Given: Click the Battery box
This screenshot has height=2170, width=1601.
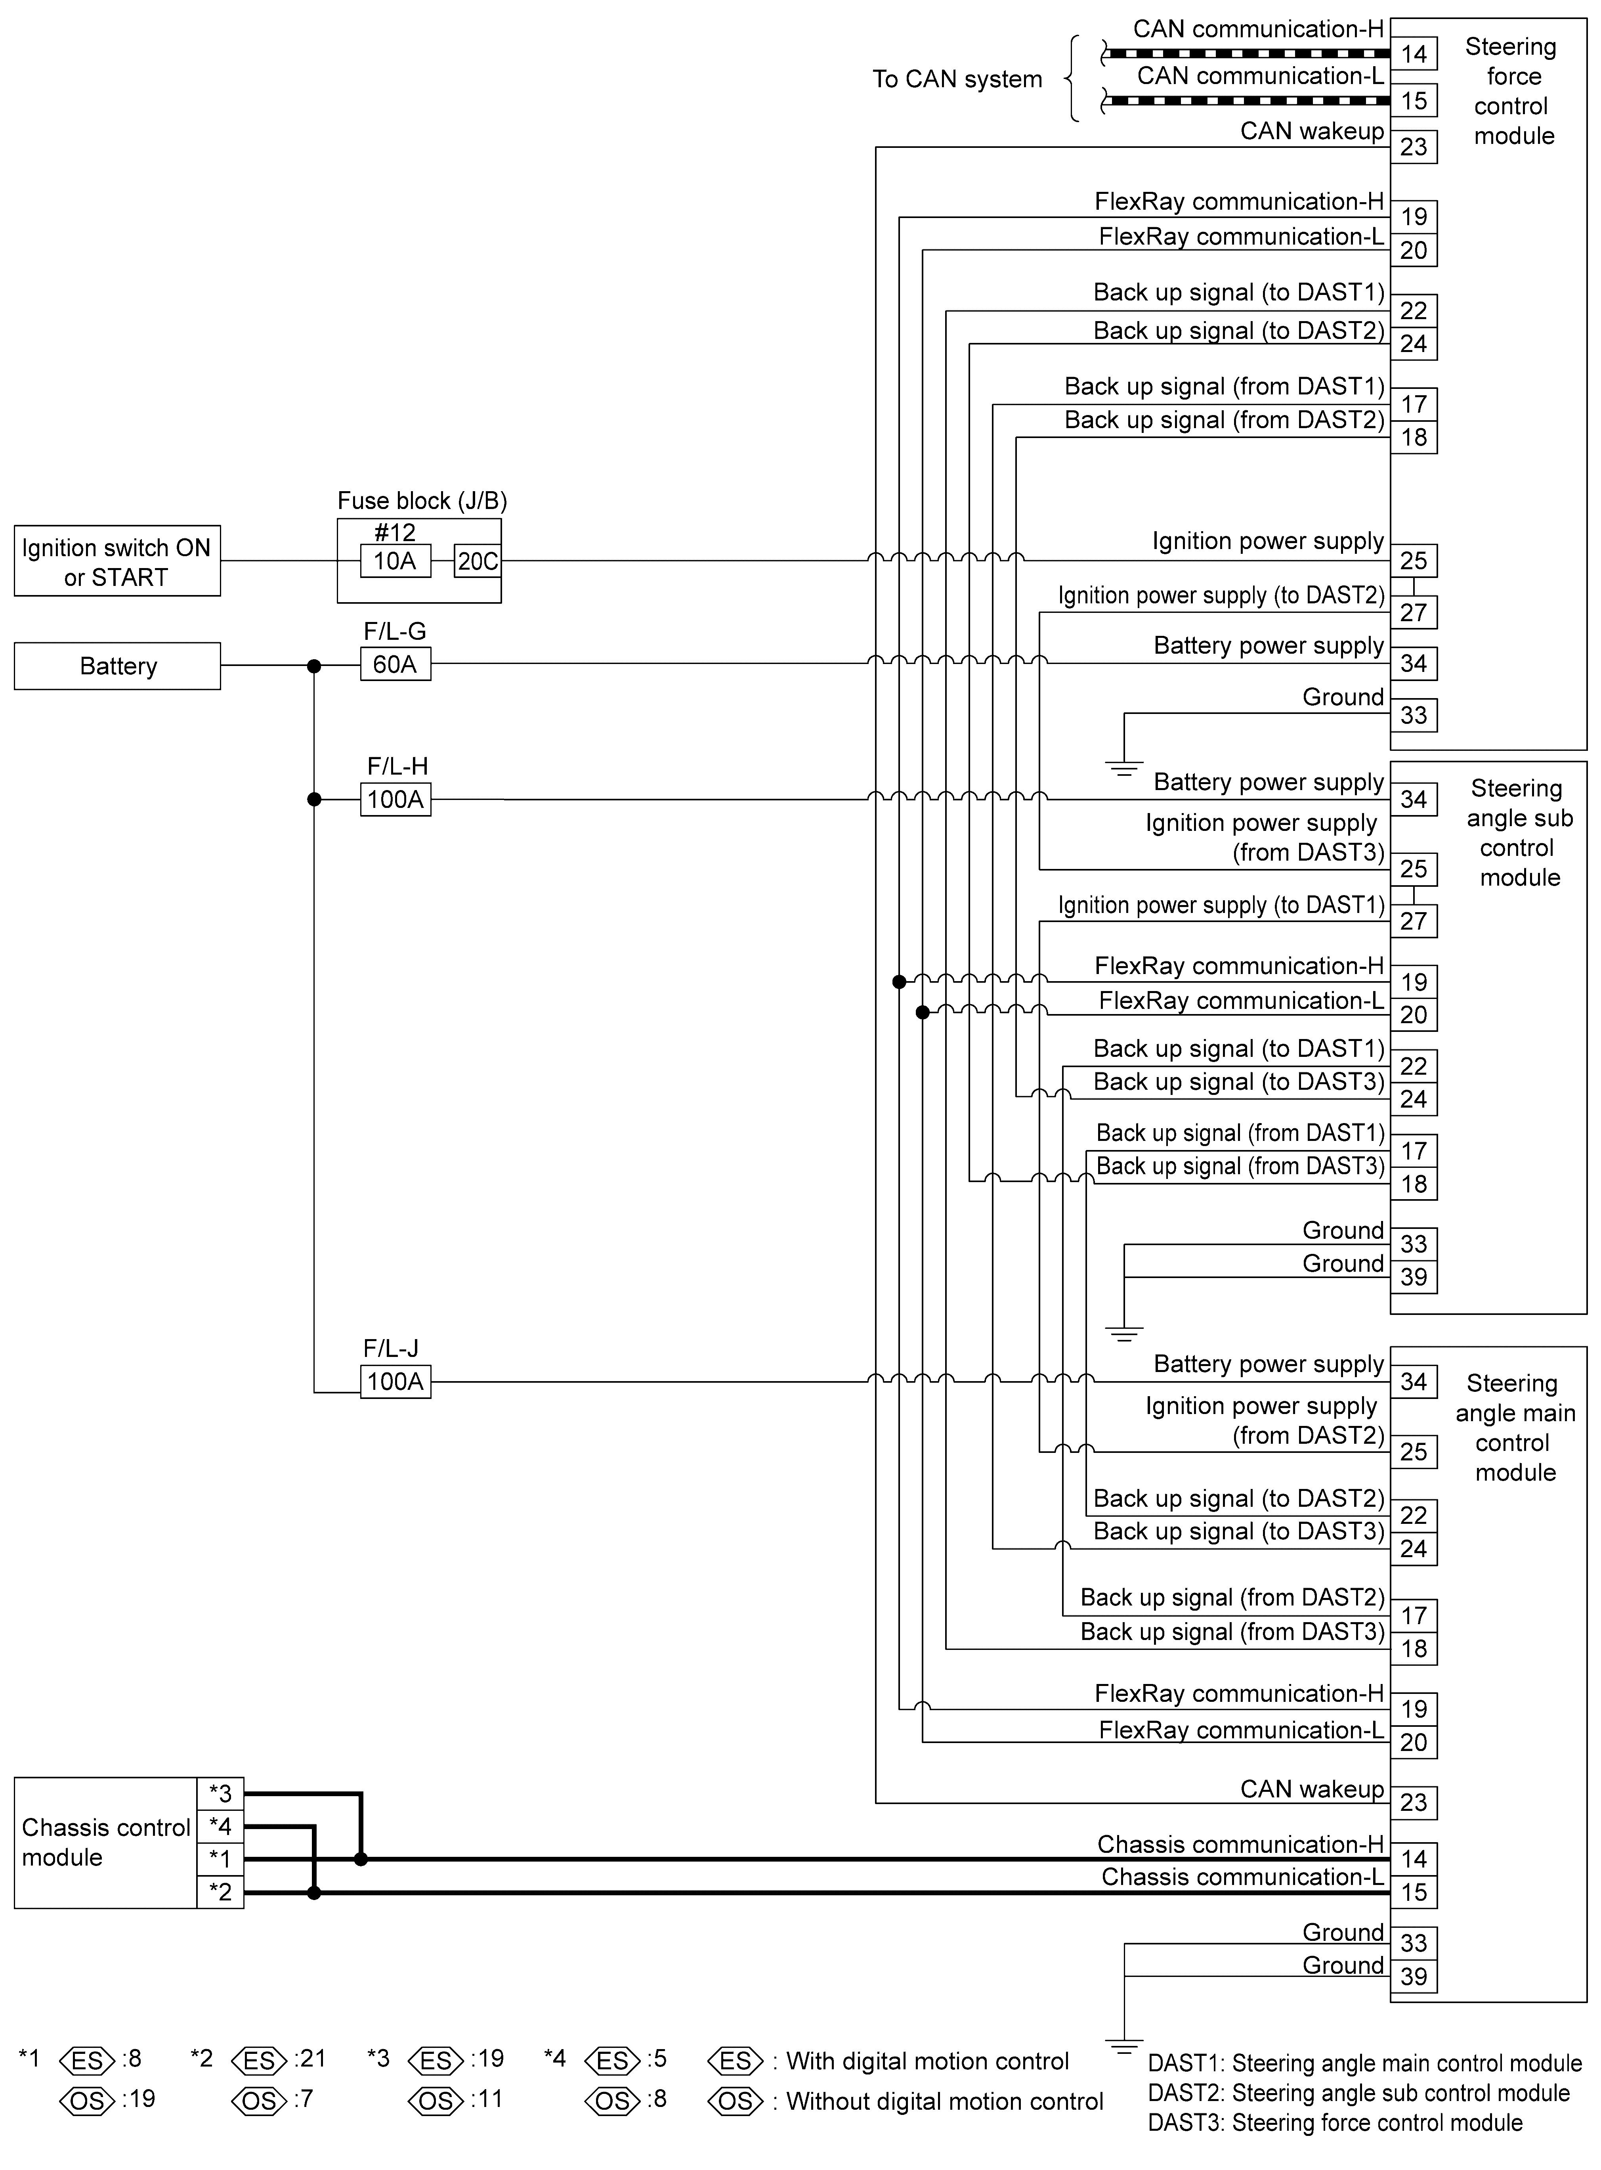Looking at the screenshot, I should (117, 666).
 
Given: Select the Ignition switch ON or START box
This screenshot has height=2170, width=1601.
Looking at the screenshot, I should (117, 561).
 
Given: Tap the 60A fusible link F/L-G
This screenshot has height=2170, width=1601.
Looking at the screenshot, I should (395, 664).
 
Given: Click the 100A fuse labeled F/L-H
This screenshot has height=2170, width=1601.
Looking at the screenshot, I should (395, 800).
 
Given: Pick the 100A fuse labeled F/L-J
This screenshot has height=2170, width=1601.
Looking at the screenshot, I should (395, 1381).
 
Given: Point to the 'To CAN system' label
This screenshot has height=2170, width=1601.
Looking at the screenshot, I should (957, 79).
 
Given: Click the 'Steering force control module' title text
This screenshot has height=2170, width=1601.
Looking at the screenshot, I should (1512, 91).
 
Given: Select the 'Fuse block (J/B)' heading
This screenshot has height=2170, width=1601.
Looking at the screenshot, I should (422, 501).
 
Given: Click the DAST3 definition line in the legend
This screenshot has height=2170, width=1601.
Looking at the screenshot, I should (1334, 2122).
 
